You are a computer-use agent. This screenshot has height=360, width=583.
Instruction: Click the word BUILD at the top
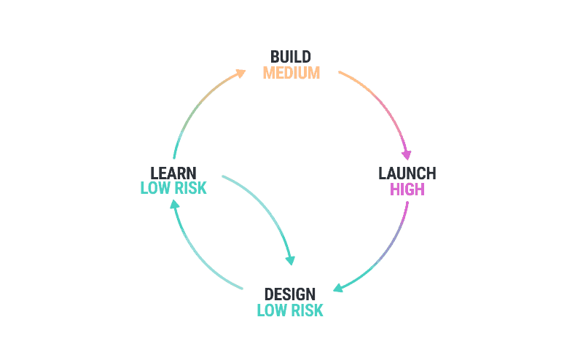click(291, 57)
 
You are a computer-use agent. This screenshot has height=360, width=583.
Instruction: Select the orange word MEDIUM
click(291, 74)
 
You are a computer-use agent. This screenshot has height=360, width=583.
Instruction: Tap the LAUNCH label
click(407, 173)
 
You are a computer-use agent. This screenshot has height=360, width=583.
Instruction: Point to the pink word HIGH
click(407, 190)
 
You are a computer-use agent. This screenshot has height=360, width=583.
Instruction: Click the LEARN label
click(173, 173)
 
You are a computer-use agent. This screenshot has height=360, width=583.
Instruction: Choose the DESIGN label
click(290, 294)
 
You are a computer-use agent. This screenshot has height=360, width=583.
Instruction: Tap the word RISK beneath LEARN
click(189, 189)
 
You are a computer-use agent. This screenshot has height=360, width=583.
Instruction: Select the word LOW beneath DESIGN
click(271, 310)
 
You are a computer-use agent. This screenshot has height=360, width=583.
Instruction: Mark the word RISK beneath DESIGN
click(306, 310)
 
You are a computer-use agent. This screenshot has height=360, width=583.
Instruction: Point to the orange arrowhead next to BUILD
click(241, 73)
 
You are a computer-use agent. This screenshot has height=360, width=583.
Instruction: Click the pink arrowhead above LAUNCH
click(407, 154)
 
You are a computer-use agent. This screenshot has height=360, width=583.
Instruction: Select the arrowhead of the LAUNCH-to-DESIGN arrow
click(338, 289)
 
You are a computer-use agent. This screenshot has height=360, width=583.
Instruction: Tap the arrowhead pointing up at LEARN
click(174, 205)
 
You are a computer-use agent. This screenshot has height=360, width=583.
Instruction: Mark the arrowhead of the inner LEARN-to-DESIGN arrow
click(291, 259)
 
